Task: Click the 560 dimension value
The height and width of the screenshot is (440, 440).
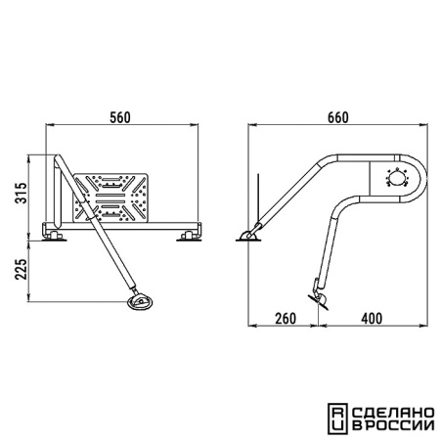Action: [120, 117]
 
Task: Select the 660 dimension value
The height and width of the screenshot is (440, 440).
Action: [338, 117]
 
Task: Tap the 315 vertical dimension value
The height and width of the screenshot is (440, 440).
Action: [22, 193]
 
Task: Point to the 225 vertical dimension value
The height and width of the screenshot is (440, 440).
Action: [22, 269]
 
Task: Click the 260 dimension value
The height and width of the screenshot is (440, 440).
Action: [286, 319]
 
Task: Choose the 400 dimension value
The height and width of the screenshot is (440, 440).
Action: [372, 319]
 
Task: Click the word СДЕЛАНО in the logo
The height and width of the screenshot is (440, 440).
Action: [393, 414]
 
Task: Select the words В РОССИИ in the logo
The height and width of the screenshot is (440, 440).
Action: [393, 425]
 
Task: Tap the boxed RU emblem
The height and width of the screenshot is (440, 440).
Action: [338, 419]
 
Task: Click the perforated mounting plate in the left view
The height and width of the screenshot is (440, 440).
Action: [110, 198]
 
